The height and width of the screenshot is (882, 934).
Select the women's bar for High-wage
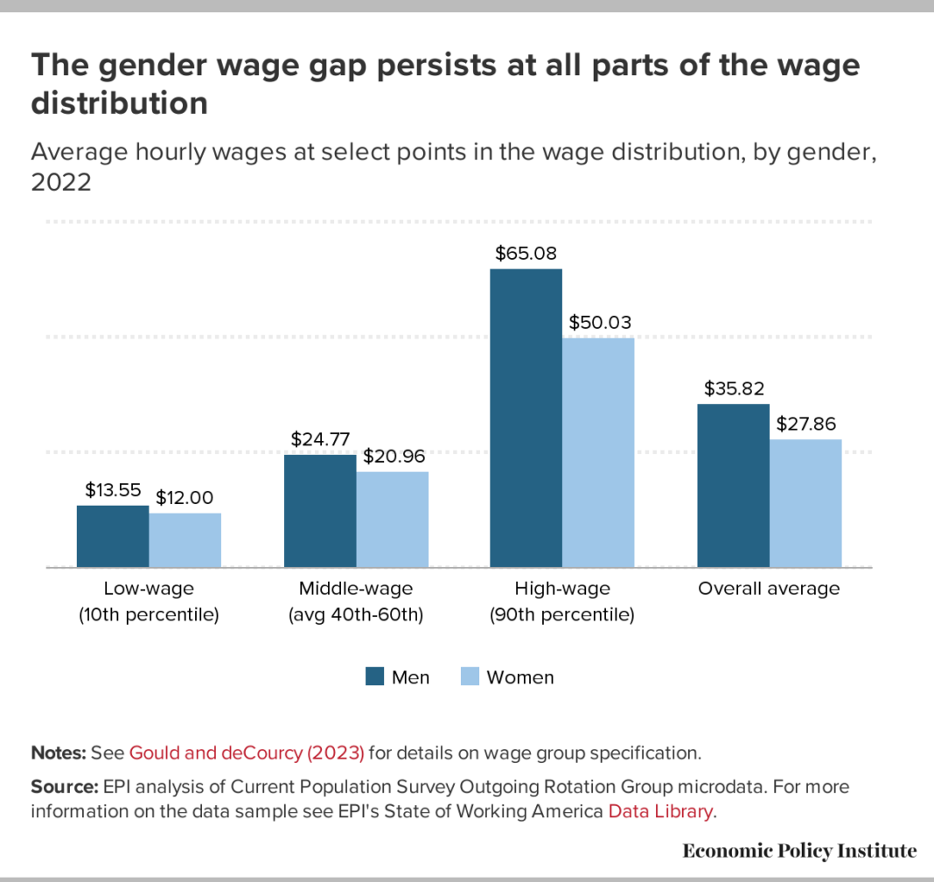598,452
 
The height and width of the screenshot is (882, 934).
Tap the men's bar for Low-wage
113,536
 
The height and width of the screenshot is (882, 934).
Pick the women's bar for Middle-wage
393,520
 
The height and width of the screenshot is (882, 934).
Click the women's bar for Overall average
805,503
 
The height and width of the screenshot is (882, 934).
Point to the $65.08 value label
526,254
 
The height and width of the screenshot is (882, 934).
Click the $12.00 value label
185,497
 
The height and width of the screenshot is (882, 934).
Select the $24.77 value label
319,438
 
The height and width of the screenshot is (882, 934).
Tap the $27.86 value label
805,423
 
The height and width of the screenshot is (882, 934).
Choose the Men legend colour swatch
375,676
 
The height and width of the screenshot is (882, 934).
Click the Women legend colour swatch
470,676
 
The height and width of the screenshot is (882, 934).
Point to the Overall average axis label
769,588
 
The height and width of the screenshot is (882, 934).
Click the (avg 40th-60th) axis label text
356,615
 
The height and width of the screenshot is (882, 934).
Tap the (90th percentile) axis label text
561,615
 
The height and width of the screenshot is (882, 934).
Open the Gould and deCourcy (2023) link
247,752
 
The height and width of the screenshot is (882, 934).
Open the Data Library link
660,810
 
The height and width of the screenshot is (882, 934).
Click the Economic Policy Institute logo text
799,850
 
